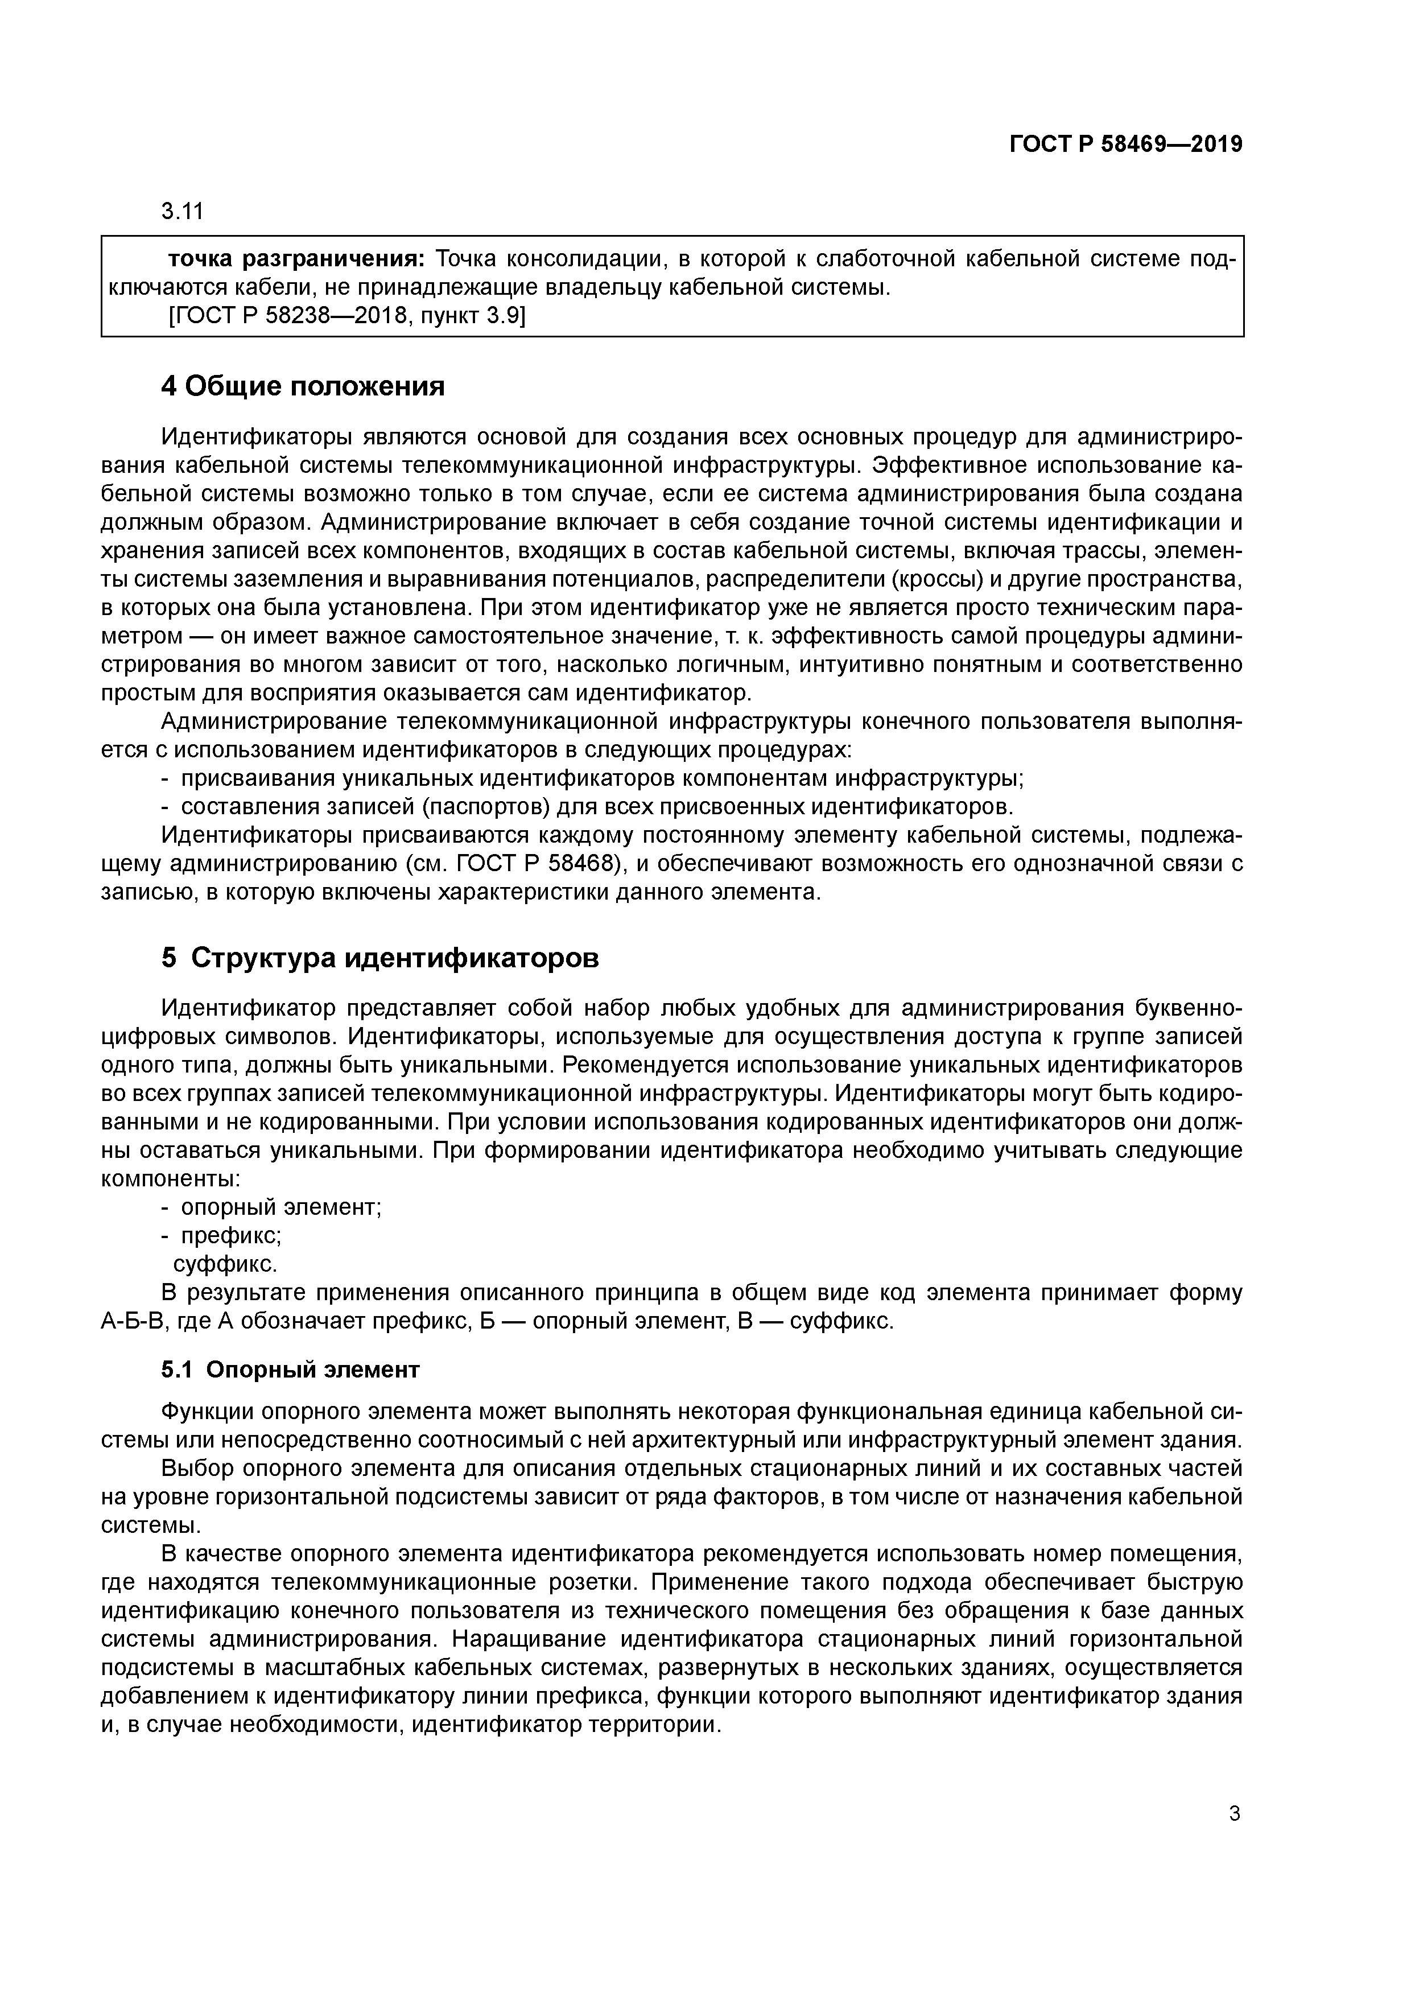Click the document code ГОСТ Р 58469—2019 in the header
(x=1126, y=145)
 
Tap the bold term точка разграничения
(x=296, y=259)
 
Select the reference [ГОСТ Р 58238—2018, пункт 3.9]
(x=346, y=316)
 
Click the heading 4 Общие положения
(x=303, y=387)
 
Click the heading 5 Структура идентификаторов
(x=380, y=958)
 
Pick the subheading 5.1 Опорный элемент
(x=290, y=1370)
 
